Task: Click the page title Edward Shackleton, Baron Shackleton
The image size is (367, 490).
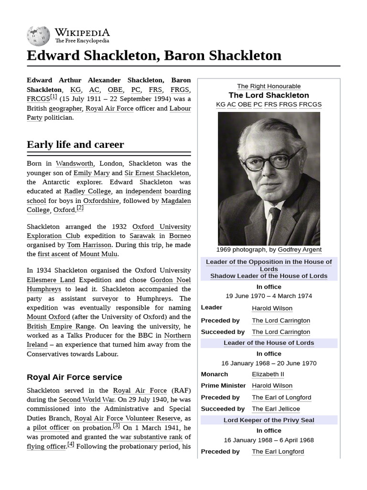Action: pyautogui.click(x=154, y=56)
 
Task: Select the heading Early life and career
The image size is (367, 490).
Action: pyautogui.click(x=75, y=145)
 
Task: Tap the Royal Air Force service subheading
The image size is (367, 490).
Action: pyautogui.click(x=74, y=377)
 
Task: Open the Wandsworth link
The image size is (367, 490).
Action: pyautogui.click(x=74, y=164)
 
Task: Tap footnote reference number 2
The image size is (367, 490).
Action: pyautogui.click(x=80, y=208)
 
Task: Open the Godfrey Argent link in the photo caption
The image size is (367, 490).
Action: pyautogui.click(x=299, y=250)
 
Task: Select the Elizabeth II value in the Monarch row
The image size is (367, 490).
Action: pyautogui.click(x=268, y=374)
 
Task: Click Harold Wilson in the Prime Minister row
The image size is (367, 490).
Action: pyautogui.click(x=272, y=386)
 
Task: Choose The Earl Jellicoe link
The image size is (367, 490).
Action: pyautogui.click(x=276, y=409)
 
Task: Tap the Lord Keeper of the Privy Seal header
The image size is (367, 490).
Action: pyautogui.click(x=269, y=420)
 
